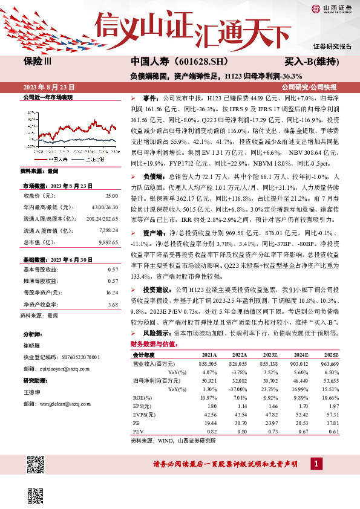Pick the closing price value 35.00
pyautogui.click(x=111, y=196)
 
